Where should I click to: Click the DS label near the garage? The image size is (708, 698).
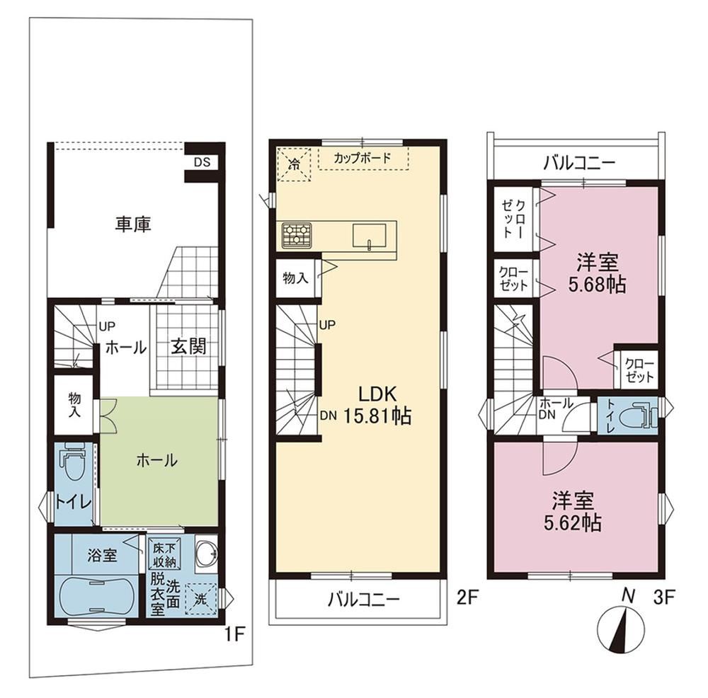(202, 163)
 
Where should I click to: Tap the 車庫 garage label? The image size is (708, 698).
(133, 225)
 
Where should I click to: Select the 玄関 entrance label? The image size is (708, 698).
(189, 346)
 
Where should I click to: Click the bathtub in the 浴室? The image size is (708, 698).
(96, 597)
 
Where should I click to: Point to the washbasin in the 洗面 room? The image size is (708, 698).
(206, 554)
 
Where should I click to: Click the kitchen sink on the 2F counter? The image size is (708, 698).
(370, 236)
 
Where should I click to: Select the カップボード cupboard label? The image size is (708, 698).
(362, 158)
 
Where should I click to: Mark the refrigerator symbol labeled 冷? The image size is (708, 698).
(294, 164)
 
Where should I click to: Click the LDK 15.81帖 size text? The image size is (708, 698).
(377, 406)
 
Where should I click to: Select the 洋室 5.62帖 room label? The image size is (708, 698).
(573, 511)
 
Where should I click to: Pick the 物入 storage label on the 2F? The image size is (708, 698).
(296, 278)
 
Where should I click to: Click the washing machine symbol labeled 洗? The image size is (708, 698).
(200, 600)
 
